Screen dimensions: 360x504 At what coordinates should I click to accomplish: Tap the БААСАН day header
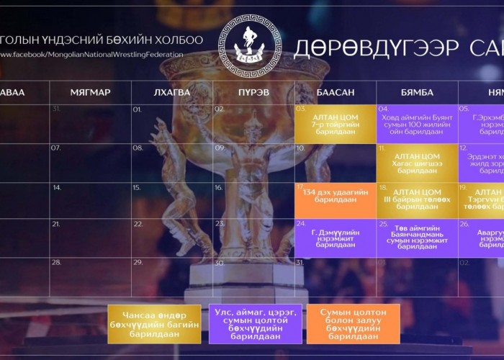tap(336, 92)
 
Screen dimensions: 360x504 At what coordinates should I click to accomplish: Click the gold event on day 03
tap(336, 122)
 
